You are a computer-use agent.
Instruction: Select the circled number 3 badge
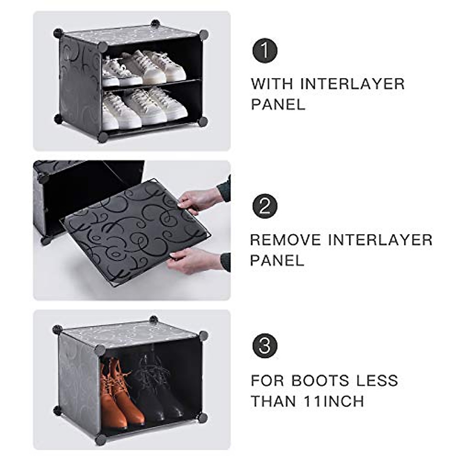265,346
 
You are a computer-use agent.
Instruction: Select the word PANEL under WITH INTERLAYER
278,104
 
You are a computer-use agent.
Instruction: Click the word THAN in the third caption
273,402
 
